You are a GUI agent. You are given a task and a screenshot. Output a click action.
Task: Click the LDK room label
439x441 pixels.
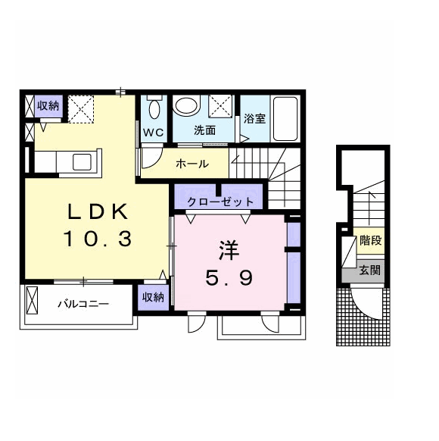pyautogui.click(x=98, y=211)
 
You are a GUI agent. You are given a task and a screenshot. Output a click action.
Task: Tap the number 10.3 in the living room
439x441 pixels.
pyautogui.click(x=98, y=239)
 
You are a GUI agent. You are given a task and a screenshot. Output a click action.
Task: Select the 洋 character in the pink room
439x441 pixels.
pyautogui.click(x=229, y=251)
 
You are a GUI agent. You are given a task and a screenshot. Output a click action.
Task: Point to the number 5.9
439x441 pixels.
pyautogui.click(x=229, y=277)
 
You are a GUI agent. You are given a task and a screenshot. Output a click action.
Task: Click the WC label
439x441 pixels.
pyautogui.click(x=154, y=132)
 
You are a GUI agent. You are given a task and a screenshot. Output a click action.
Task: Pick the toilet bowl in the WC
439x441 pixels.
pyautogui.click(x=154, y=109)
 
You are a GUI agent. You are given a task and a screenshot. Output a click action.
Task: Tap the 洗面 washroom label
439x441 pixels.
pyautogui.click(x=205, y=130)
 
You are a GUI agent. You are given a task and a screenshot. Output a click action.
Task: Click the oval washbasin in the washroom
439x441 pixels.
pyautogui.click(x=186, y=106)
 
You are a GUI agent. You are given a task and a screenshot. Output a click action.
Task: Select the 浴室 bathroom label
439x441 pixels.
pyautogui.click(x=254, y=118)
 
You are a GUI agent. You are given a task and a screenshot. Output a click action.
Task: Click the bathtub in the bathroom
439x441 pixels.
pyautogui.click(x=285, y=119)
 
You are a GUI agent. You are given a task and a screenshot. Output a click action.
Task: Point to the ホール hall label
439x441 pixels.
pyautogui.click(x=192, y=164)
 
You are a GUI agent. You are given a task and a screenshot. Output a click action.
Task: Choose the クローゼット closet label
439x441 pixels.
pyautogui.click(x=220, y=202)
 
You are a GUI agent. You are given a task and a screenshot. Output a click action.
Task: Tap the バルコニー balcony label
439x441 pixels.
pyautogui.click(x=83, y=304)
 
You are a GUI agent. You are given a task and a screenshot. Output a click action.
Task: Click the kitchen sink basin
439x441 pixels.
pyautogui.click(x=82, y=162)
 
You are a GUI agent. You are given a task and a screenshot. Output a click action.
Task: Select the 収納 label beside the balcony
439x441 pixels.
pyautogui.click(x=153, y=297)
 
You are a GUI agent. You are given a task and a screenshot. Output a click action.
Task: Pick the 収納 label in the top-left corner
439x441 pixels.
pyautogui.click(x=48, y=106)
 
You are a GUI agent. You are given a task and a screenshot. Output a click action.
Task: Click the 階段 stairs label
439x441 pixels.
pyautogui.click(x=370, y=241)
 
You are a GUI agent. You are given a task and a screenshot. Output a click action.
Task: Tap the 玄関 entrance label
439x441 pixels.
pyautogui.click(x=370, y=271)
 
